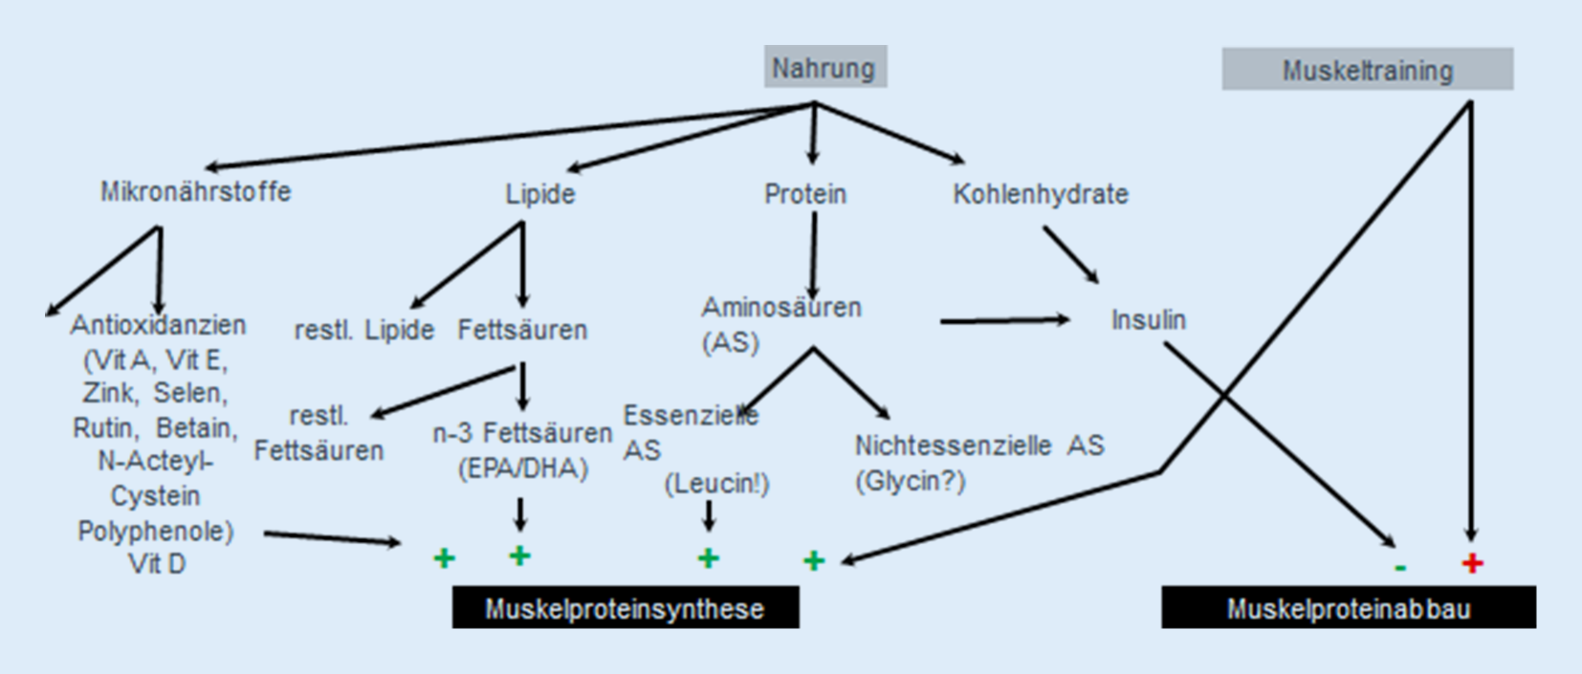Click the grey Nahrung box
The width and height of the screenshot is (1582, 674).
click(x=824, y=67)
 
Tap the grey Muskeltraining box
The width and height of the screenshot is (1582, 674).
click(x=1367, y=70)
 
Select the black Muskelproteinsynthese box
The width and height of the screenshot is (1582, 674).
click(x=625, y=609)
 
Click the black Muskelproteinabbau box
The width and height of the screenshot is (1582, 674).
click(x=1348, y=609)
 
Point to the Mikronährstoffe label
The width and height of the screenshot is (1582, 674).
click(x=195, y=191)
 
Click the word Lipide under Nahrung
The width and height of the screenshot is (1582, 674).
click(x=539, y=194)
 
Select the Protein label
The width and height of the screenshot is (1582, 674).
click(x=804, y=194)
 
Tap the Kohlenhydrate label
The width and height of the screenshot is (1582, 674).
click(x=1040, y=194)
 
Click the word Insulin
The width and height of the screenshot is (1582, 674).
click(x=1148, y=319)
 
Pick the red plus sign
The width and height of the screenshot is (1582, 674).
click(x=1472, y=563)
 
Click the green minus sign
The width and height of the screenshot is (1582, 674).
click(x=1400, y=568)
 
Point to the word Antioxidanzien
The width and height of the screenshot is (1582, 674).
click(x=158, y=325)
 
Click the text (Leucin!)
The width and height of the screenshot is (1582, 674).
click(x=716, y=484)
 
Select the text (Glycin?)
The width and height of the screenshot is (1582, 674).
click(x=910, y=481)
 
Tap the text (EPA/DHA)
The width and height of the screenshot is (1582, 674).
click(x=522, y=468)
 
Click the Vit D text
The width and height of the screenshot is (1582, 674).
click(x=157, y=564)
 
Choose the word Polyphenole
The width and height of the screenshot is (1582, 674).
click(x=155, y=531)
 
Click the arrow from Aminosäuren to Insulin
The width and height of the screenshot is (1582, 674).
click(x=1004, y=321)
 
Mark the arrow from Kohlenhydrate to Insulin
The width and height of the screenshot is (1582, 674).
click(x=1070, y=254)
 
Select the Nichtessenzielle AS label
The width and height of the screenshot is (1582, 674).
click(x=978, y=446)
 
